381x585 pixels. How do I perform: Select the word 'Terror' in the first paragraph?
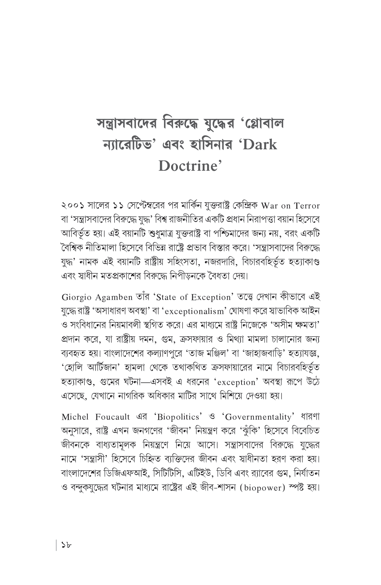(x=307, y=206)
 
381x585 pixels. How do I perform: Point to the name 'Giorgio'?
(x=77, y=298)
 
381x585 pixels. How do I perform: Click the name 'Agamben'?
(x=114, y=298)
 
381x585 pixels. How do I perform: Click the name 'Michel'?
(x=75, y=417)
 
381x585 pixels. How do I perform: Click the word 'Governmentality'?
(x=259, y=417)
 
